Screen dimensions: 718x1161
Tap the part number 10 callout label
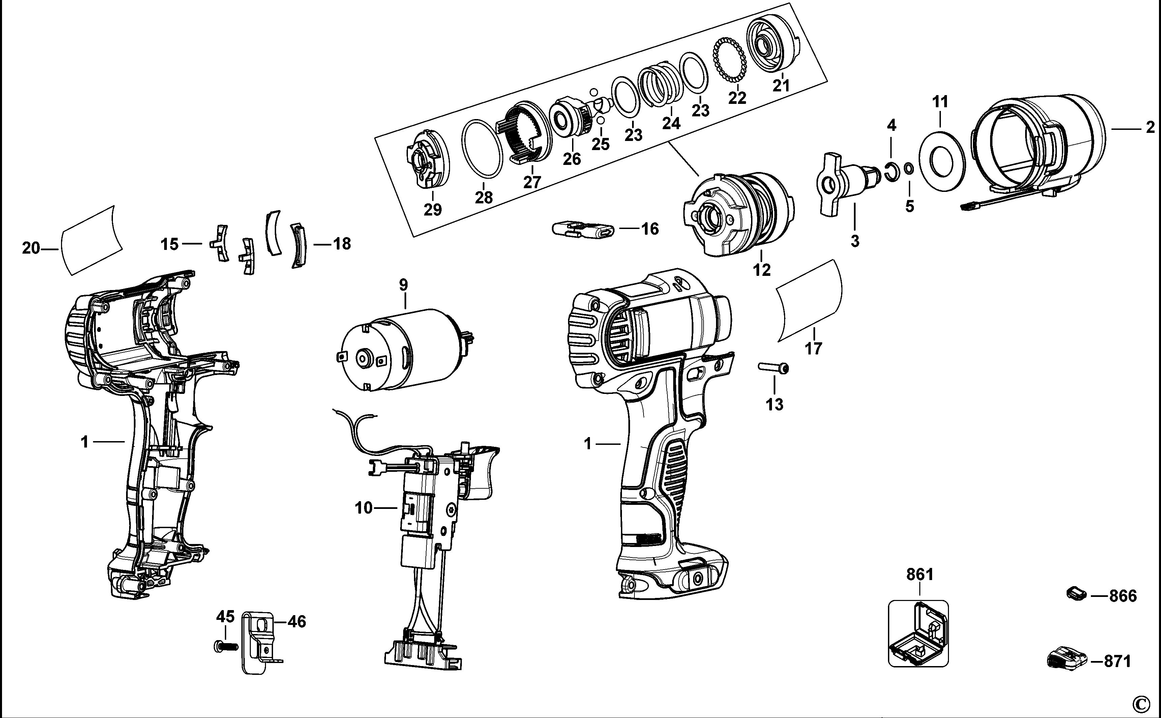(x=364, y=508)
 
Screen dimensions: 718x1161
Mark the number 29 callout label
(x=433, y=209)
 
